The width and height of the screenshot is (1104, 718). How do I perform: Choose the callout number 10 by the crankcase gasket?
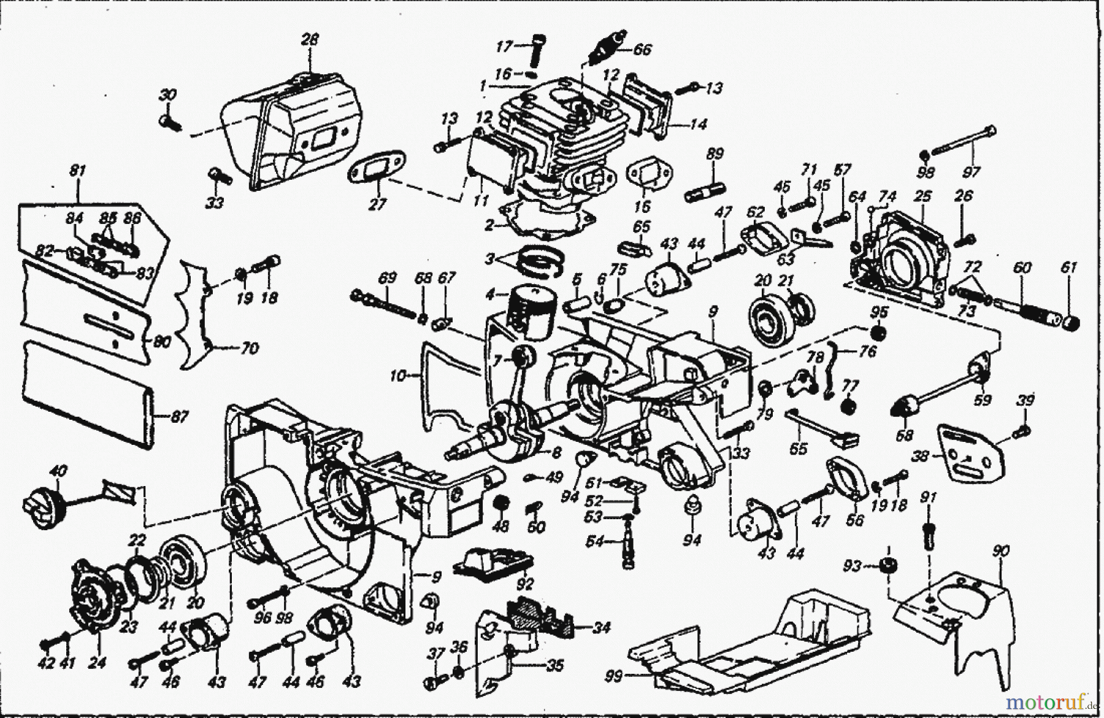coord(398,376)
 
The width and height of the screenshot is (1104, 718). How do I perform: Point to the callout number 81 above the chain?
coord(76,172)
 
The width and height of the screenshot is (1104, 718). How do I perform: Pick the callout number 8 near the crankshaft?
coord(556,453)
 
